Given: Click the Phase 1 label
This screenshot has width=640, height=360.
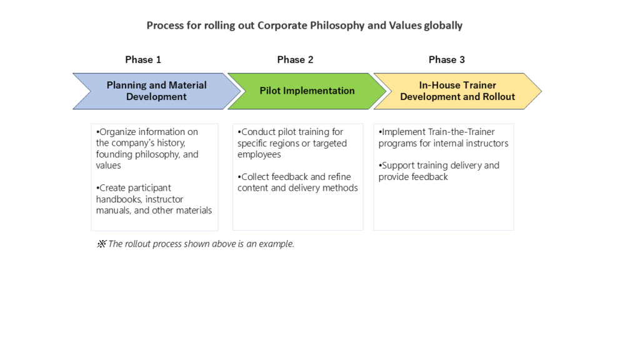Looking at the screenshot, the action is tap(143, 59).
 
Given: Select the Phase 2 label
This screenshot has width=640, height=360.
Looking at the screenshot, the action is tap(295, 59).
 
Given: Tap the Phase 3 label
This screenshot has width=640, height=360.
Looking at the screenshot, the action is tap(446, 59).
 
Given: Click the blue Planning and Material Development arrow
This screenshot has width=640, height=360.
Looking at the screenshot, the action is tap(157, 91).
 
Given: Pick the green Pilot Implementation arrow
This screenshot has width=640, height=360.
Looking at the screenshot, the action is tap(307, 91).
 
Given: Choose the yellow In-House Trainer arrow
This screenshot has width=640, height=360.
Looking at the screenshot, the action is tap(457, 91).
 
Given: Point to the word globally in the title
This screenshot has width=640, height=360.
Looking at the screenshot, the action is tap(443, 26).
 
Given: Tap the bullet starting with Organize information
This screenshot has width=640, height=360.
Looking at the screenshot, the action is tap(147, 149).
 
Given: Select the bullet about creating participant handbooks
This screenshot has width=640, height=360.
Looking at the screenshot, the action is tap(154, 199).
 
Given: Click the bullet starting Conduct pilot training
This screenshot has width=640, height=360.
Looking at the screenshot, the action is tap(292, 143).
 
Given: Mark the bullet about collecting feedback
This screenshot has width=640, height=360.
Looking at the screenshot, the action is tap(297, 182).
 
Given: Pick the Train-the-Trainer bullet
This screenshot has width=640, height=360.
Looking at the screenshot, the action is tap(443, 137).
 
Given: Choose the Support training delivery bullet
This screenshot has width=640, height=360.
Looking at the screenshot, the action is tap(439, 171).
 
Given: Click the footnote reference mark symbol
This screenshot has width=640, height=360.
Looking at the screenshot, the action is tap(101, 244).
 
